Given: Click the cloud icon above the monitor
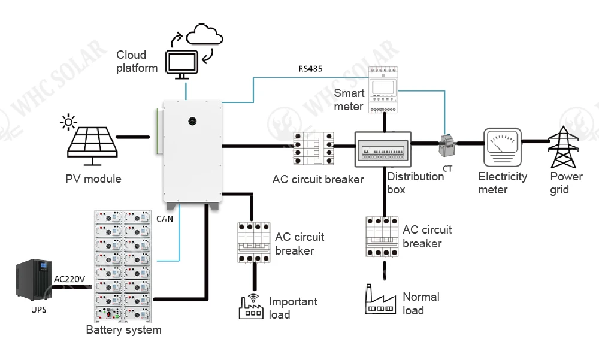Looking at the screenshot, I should coord(205,35).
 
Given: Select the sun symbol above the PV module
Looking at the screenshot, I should coord(68,123).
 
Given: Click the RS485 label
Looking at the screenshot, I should coord(310,68).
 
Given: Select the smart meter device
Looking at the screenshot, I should coord(382,90).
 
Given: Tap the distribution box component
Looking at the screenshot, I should coord(384,150).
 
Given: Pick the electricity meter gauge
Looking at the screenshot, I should coord(502,147).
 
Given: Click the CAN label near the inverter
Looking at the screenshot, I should coord(165,219).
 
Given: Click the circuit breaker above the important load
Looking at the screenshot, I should coord(255,242).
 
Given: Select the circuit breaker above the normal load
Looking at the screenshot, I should coord(382,237).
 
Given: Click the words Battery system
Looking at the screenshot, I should coord(123,329).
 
